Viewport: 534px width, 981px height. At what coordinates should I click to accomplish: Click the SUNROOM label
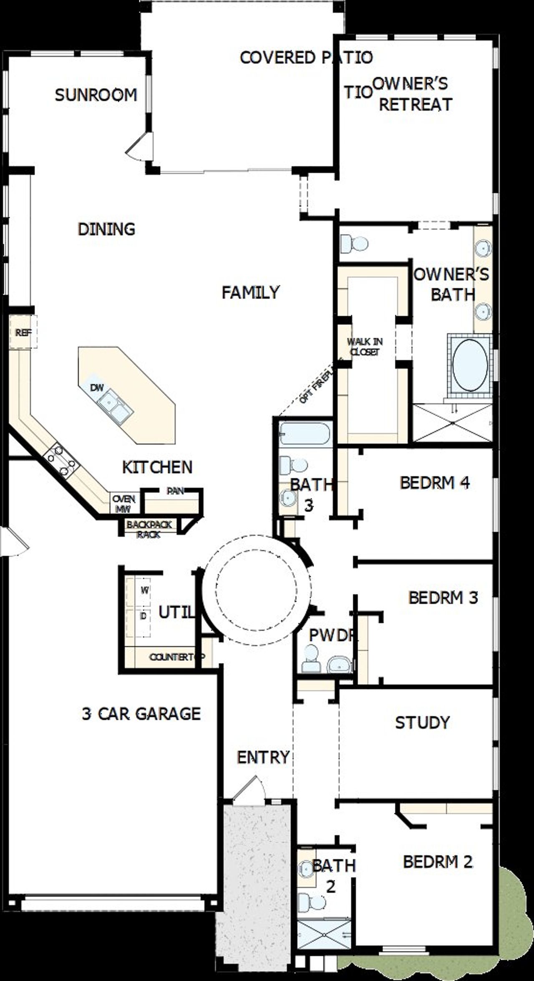point(96,95)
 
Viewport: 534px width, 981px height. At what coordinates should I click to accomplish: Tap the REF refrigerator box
point(23,333)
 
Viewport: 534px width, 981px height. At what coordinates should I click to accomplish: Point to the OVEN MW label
point(123,504)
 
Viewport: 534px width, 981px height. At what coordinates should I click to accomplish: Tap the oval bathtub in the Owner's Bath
point(470,365)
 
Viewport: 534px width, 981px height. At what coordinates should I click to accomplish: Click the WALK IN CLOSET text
point(365,347)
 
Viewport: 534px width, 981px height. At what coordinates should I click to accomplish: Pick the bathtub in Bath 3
point(305,433)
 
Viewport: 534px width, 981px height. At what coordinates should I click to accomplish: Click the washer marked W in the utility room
point(144,590)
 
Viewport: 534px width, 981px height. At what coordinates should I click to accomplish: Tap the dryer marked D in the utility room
point(144,616)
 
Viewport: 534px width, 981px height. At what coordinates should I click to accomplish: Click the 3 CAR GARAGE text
point(141,714)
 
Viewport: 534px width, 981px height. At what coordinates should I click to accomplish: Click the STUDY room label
point(422,722)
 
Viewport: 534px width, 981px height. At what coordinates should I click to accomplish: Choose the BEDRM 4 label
point(435,483)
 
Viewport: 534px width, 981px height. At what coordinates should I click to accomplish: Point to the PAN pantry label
point(175,491)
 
